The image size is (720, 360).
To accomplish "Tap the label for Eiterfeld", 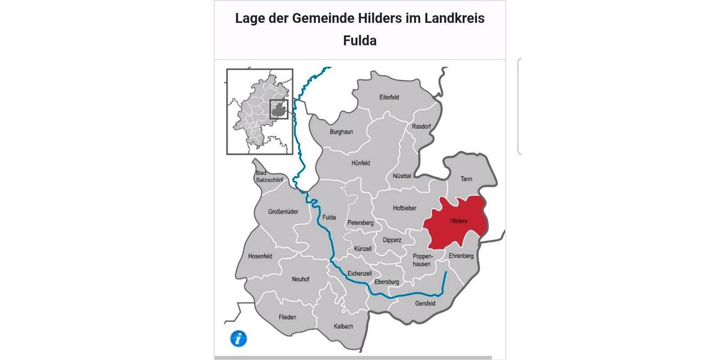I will coord(389,97).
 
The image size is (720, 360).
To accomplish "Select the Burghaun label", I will coord(341,131).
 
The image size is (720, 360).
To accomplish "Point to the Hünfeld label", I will coord(361,163).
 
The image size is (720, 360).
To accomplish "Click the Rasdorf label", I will coord(422,127).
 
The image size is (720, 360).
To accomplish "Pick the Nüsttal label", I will coord(401,176).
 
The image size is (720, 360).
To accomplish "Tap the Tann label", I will coord(466,179).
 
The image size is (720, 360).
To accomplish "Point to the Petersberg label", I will coord(361,223).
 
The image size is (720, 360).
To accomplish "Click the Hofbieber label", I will coord(404,208).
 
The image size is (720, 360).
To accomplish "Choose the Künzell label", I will coord(363,248).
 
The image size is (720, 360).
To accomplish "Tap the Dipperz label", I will coord(392,240).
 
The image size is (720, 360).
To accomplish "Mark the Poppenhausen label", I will coord(422,260).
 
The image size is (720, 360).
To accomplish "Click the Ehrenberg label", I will coord(461,256).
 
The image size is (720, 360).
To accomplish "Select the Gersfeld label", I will coord(425,304).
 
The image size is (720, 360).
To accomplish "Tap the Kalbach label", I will coord(343,326).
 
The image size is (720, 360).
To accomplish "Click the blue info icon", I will coord(238,338).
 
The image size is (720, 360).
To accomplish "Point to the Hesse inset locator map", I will coord(259,112).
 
